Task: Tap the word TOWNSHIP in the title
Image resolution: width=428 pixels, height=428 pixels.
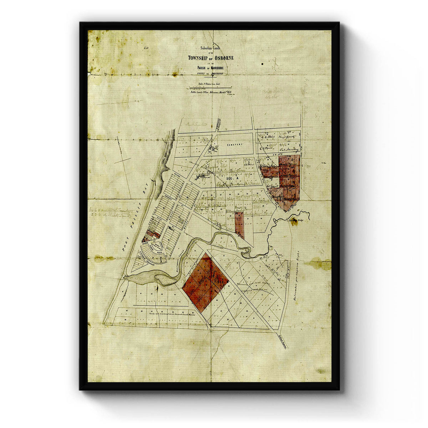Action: point(199,58)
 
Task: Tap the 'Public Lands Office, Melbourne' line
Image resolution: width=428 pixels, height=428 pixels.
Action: point(211,92)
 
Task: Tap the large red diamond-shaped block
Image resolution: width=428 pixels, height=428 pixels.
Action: point(205,282)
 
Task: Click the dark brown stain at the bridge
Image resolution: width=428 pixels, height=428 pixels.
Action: point(294,222)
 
